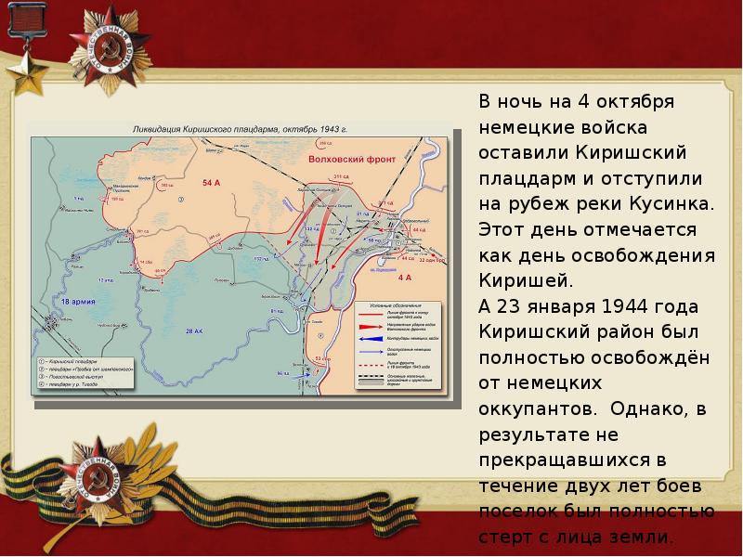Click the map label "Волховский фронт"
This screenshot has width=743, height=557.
[352, 160]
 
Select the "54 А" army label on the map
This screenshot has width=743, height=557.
[210, 183]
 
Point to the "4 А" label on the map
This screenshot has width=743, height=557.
[404, 278]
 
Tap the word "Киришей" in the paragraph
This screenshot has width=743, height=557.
[525, 279]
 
